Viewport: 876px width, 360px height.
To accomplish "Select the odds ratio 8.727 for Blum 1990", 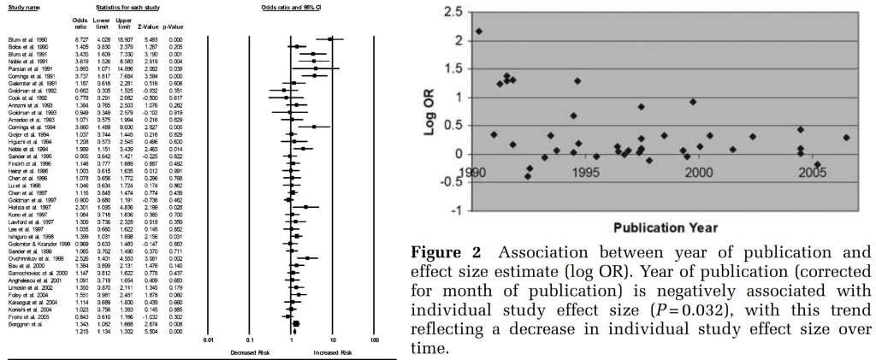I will point(79,38).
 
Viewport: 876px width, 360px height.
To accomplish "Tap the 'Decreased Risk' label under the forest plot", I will point(248,351).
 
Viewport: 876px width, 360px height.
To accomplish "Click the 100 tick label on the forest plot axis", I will point(374,339).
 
